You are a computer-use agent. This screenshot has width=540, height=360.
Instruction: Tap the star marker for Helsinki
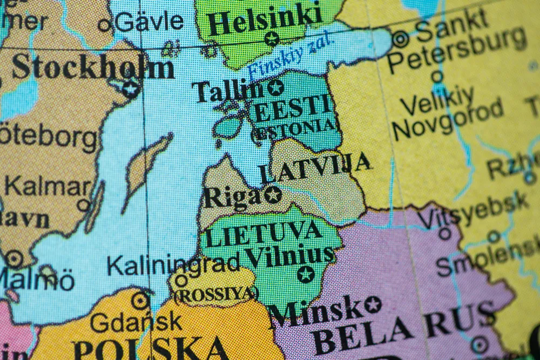click(272, 39)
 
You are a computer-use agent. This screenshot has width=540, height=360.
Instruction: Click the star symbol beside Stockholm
click(130, 89)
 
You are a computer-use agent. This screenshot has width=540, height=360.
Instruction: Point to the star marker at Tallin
click(275, 87)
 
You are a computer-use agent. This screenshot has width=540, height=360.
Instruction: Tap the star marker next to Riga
click(273, 194)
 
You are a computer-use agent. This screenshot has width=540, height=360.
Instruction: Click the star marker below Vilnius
click(306, 274)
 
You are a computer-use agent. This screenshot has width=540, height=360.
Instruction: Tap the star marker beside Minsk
click(373, 304)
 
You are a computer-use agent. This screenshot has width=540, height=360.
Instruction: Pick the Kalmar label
click(48, 187)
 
